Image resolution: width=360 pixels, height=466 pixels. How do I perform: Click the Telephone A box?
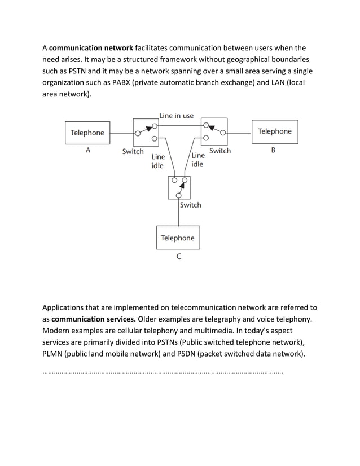tap(87, 133)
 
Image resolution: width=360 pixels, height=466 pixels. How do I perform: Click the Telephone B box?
tap(274, 131)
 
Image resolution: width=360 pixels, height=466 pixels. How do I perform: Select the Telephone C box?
tap(178, 238)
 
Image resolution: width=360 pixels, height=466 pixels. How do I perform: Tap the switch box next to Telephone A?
tap(146, 132)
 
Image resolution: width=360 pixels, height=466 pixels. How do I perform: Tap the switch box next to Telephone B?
tap(214, 131)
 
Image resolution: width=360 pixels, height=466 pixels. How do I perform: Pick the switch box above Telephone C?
tap(179, 187)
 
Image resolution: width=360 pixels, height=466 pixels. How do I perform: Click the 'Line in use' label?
tap(176, 116)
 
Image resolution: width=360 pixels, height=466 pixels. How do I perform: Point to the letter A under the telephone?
tap(87, 151)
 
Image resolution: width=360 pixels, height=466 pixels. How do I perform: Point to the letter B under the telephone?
tap(273, 150)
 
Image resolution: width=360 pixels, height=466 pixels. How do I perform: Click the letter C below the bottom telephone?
tap(178, 257)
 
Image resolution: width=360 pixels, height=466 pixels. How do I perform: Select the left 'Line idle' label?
tap(158, 161)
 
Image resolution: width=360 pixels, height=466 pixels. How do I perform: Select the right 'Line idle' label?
tap(197, 160)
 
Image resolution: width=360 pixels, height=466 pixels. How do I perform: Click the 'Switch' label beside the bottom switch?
tap(190, 205)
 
